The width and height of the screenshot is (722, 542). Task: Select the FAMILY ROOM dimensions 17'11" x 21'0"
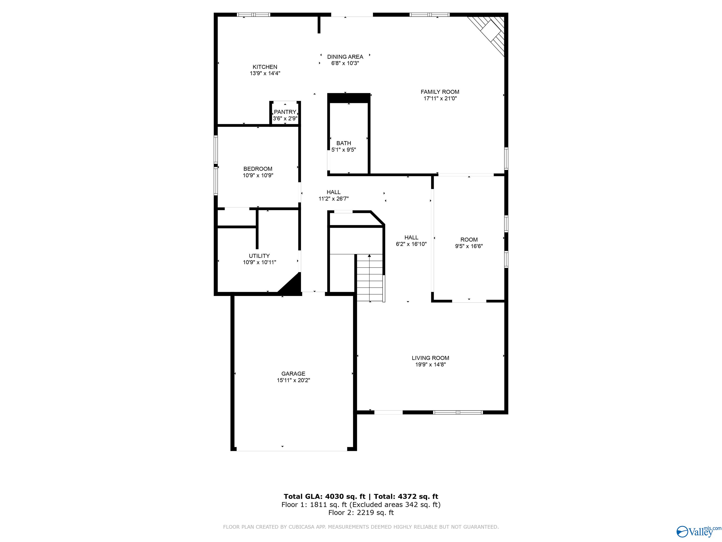click(x=440, y=99)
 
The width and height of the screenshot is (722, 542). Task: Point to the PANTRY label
click(x=285, y=112)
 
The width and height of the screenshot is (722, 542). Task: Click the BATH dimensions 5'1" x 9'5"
click(x=343, y=150)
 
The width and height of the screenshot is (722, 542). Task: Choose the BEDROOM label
click(x=258, y=169)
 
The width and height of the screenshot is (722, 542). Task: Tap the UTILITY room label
click(x=259, y=256)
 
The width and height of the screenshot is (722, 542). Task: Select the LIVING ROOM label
click(x=430, y=358)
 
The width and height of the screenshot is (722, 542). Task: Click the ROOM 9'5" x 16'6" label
click(x=469, y=243)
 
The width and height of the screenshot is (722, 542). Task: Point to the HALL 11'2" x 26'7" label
click(x=334, y=195)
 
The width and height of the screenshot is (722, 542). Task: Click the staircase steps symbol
click(x=369, y=278)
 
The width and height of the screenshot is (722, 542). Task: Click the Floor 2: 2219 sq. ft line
click(x=361, y=513)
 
